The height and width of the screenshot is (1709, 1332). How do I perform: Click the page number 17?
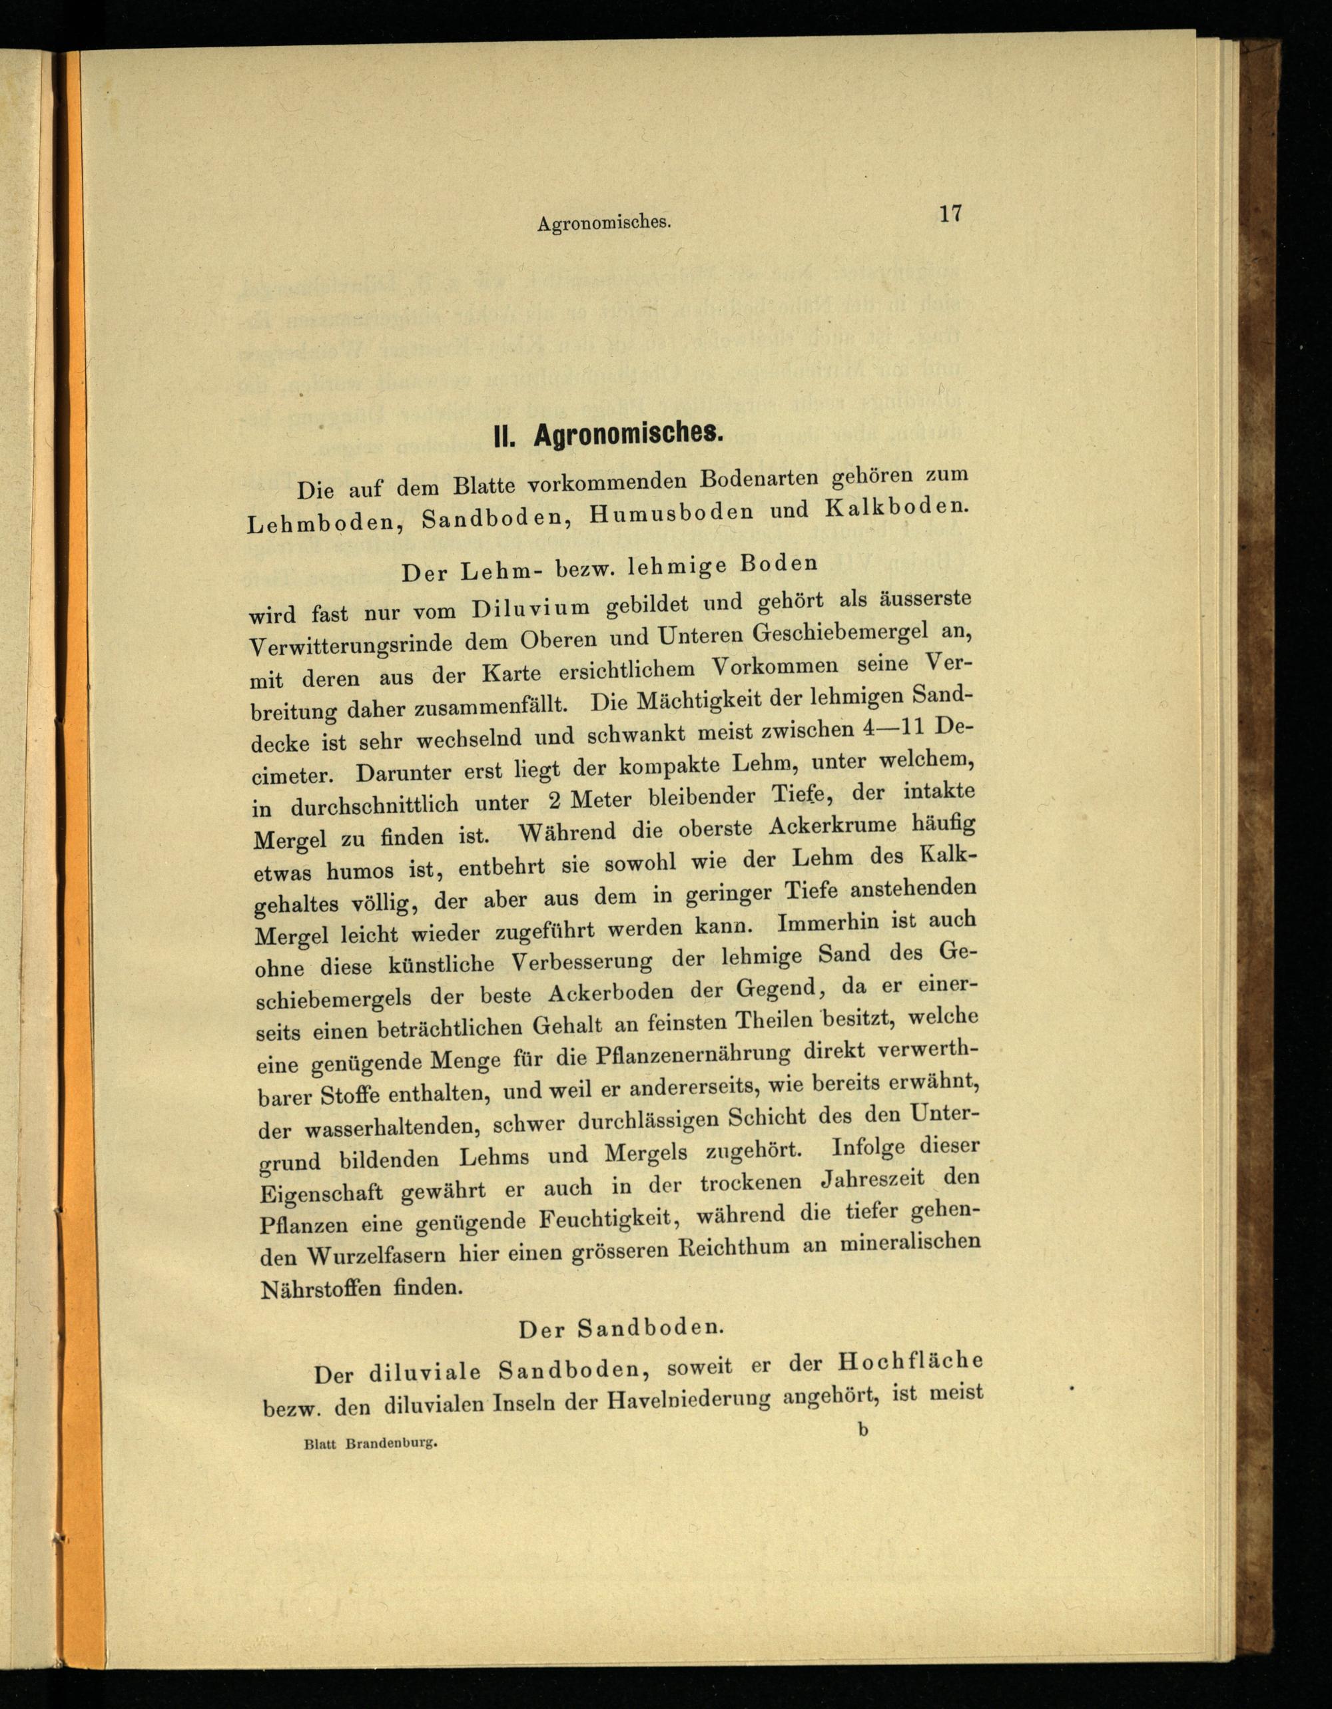coord(950,214)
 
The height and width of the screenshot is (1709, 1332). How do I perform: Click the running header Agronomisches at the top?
coord(604,223)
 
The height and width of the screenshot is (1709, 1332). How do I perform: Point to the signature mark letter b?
coord(862,1429)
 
